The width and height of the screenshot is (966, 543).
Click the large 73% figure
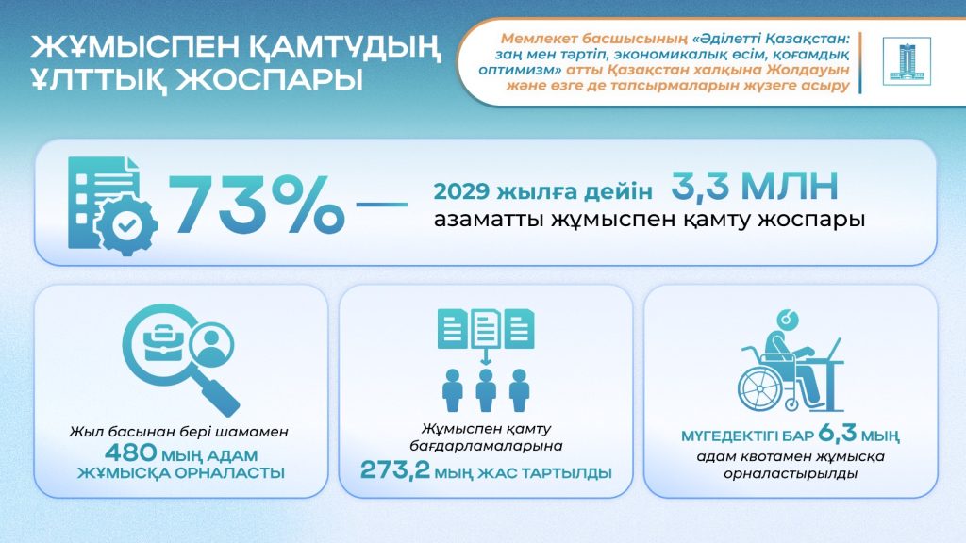[257, 205]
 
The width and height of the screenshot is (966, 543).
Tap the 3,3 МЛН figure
[755, 186]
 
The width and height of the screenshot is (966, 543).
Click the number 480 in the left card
[130, 453]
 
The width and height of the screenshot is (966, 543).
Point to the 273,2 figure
[395, 470]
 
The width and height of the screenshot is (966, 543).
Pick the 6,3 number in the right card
[838, 434]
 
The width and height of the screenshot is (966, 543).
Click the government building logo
[907, 61]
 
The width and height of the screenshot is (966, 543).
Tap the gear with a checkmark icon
[127, 226]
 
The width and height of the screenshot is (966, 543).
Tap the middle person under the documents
[486, 390]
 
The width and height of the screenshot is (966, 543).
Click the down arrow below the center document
[486, 356]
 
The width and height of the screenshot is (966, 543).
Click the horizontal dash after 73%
[382, 205]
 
